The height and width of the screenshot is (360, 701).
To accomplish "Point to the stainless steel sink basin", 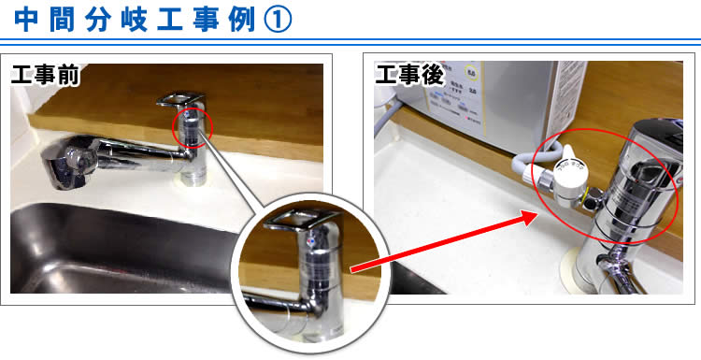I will [x=103, y=252].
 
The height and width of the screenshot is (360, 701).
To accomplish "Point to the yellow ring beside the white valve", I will [x=594, y=195].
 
